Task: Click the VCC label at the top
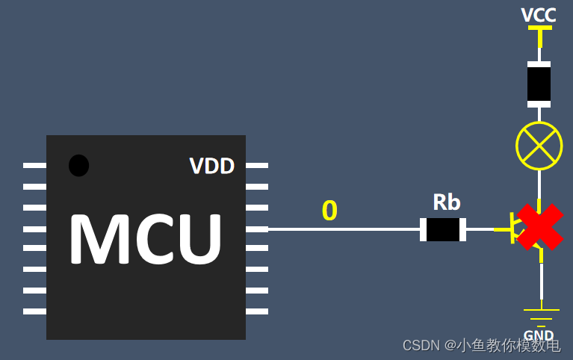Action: click(x=539, y=14)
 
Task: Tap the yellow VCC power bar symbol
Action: click(x=539, y=28)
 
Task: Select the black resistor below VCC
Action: click(x=539, y=84)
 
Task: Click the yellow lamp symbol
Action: click(x=539, y=146)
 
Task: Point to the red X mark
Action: click(x=540, y=227)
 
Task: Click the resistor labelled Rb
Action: click(x=443, y=229)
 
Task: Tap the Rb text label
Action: click(x=447, y=202)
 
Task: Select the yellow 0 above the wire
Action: click(x=329, y=211)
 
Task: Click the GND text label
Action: click(x=539, y=335)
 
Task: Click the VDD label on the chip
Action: click(x=211, y=166)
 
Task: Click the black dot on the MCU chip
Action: click(x=78, y=165)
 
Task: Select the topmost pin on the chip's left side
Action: click(x=34, y=165)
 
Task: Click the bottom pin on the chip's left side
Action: click(x=34, y=311)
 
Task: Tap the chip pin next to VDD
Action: click(x=257, y=165)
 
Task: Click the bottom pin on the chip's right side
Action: click(x=257, y=311)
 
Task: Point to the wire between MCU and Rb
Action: click(x=344, y=229)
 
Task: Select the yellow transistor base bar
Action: click(x=511, y=228)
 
